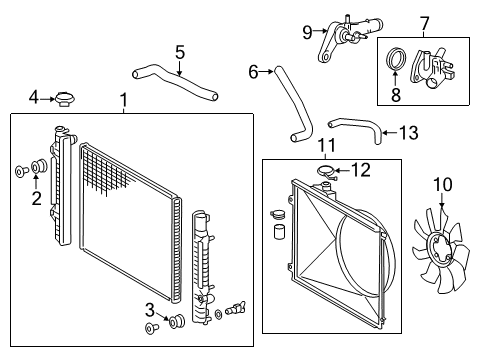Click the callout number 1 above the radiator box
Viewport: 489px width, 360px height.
(123, 100)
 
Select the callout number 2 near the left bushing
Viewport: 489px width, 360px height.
(37, 197)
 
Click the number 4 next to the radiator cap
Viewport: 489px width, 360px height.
(34, 98)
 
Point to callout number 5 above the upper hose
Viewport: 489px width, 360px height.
(179, 52)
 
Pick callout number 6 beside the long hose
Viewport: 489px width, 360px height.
(253, 70)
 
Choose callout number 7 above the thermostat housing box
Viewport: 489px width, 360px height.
(424, 22)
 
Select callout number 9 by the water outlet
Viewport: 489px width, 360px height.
(308, 32)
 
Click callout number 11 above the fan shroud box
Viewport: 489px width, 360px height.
(326, 147)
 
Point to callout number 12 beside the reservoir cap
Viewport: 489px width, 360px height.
(360, 170)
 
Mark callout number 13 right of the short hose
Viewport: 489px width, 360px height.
(408, 131)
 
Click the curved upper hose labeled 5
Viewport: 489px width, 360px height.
(174, 82)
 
